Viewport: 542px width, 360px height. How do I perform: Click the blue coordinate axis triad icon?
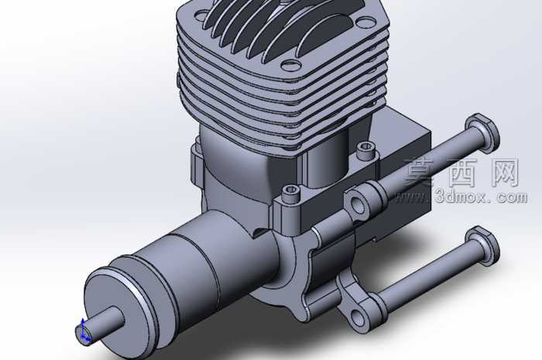click(84, 331)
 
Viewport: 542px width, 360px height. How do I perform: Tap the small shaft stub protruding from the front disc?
click(100, 324)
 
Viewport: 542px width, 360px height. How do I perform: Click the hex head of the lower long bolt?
click(482, 246)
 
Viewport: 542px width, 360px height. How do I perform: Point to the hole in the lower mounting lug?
click(358, 317)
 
